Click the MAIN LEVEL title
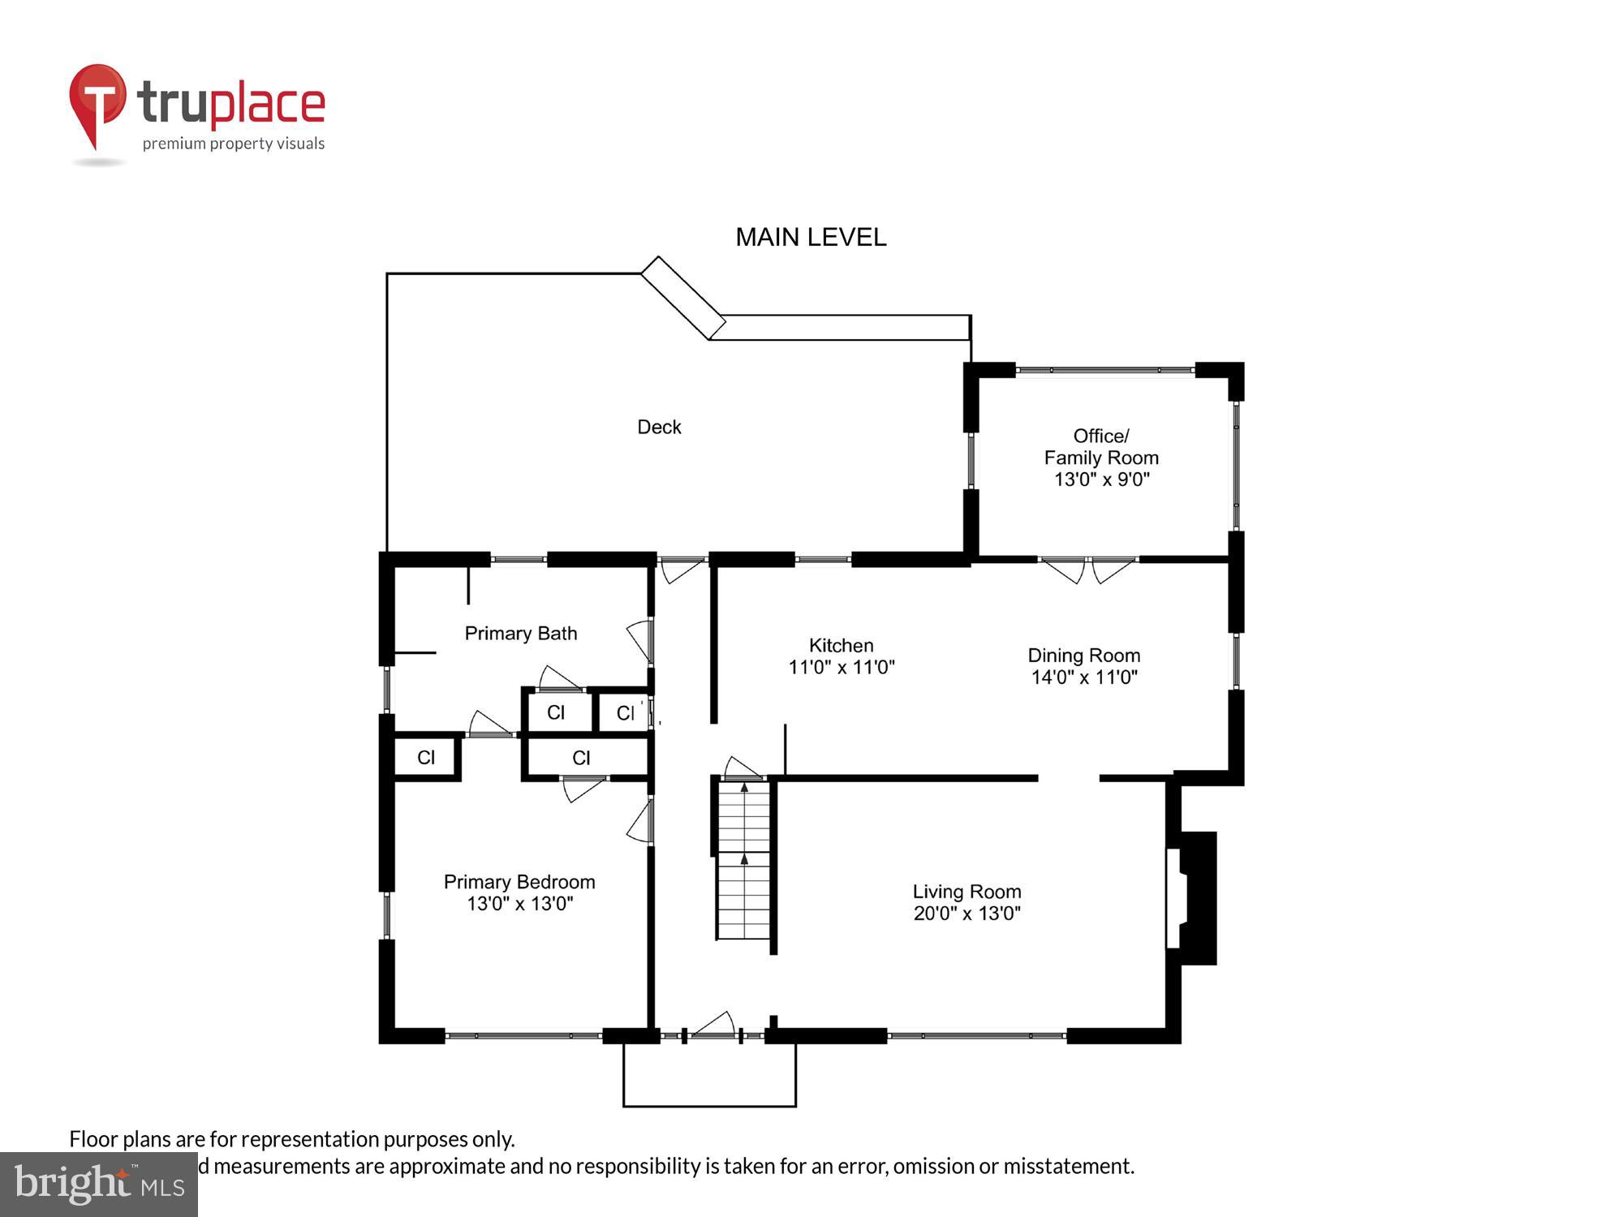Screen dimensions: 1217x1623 pyautogui.click(x=810, y=237)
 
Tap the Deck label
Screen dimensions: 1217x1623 pyautogui.click(x=658, y=427)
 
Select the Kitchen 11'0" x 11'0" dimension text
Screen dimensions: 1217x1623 pyautogui.click(x=842, y=667)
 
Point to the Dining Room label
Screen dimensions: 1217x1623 pyautogui.click(x=1083, y=656)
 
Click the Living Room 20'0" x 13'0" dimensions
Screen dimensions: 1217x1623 pyautogui.click(x=966, y=914)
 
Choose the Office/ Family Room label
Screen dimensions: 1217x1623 pyautogui.click(x=1100, y=447)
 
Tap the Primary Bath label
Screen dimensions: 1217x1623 pyautogui.click(x=520, y=633)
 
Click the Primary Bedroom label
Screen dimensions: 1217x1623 pyautogui.click(x=519, y=882)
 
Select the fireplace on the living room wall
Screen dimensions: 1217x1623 pyautogui.click(x=1193, y=898)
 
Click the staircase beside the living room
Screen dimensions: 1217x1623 pyautogui.click(x=743, y=860)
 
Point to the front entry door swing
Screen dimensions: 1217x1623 pyautogui.click(x=714, y=1025)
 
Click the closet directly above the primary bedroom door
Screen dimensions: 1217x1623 pyautogui.click(x=582, y=758)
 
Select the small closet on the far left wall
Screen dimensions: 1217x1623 pyautogui.click(x=426, y=758)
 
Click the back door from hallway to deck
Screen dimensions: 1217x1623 pyautogui.click(x=682, y=570)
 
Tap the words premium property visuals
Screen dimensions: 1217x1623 pyautogui.click(x=234, y=144)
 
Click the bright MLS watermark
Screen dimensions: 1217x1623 pyautogui.click(x=99, y=1185)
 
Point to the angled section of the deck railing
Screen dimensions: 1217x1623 pyautogui.click(x=683, y=298)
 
